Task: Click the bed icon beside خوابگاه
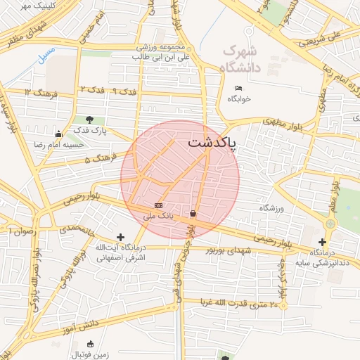(x=238, y=88)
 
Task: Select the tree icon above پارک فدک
(x=89, y=120)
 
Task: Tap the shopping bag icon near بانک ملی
(x=193, y=213)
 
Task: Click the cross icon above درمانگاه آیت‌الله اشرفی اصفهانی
(x=120, y=238)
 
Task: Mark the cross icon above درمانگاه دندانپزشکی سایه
(x=322, y=242)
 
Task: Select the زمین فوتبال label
(x=89, y=355)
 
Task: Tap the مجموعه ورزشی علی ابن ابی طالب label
(x=163, y=51)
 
